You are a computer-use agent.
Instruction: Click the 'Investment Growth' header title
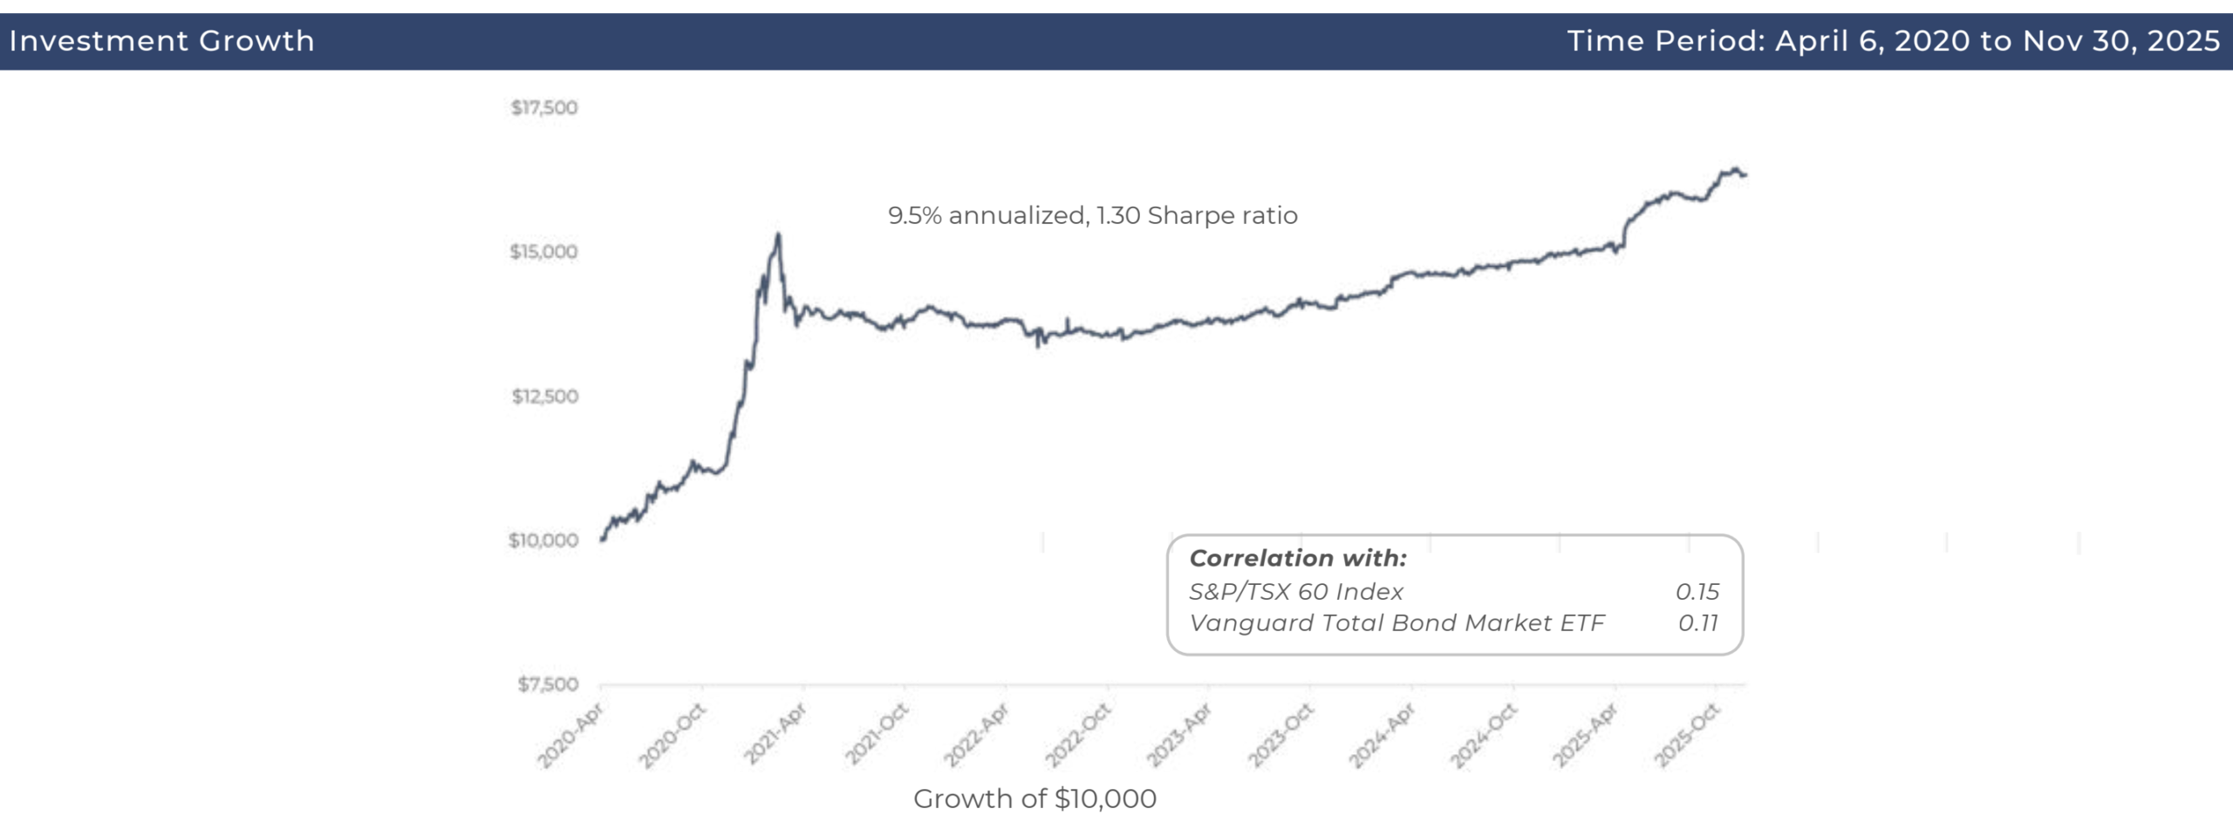click(161, 41)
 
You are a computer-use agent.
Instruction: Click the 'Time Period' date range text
click(1893, 41)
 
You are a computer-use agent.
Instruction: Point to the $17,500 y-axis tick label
click(544, 108)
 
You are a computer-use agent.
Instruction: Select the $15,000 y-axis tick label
click(544, 252)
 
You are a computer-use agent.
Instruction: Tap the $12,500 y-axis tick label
click(545, 397)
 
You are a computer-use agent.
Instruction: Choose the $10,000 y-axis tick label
click(543, 540)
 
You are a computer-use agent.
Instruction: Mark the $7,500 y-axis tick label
click(548, 684)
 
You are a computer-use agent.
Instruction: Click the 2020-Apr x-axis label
click(570, 737)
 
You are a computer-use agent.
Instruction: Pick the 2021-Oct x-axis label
click(877, 735)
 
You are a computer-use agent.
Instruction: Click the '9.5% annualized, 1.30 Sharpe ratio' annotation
click(1092, 215)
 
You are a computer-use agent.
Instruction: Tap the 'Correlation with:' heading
click(1298, 558)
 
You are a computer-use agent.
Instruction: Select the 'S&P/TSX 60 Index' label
click(1296, 592)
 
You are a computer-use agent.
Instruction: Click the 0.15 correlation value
click(1697, 592)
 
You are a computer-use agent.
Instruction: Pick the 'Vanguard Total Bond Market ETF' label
click(1396, 623)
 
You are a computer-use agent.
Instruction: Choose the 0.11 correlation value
click(1697, 623)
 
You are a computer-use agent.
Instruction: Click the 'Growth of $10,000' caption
click(1035, 799)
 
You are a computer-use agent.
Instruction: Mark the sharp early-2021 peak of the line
click(778, 234)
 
